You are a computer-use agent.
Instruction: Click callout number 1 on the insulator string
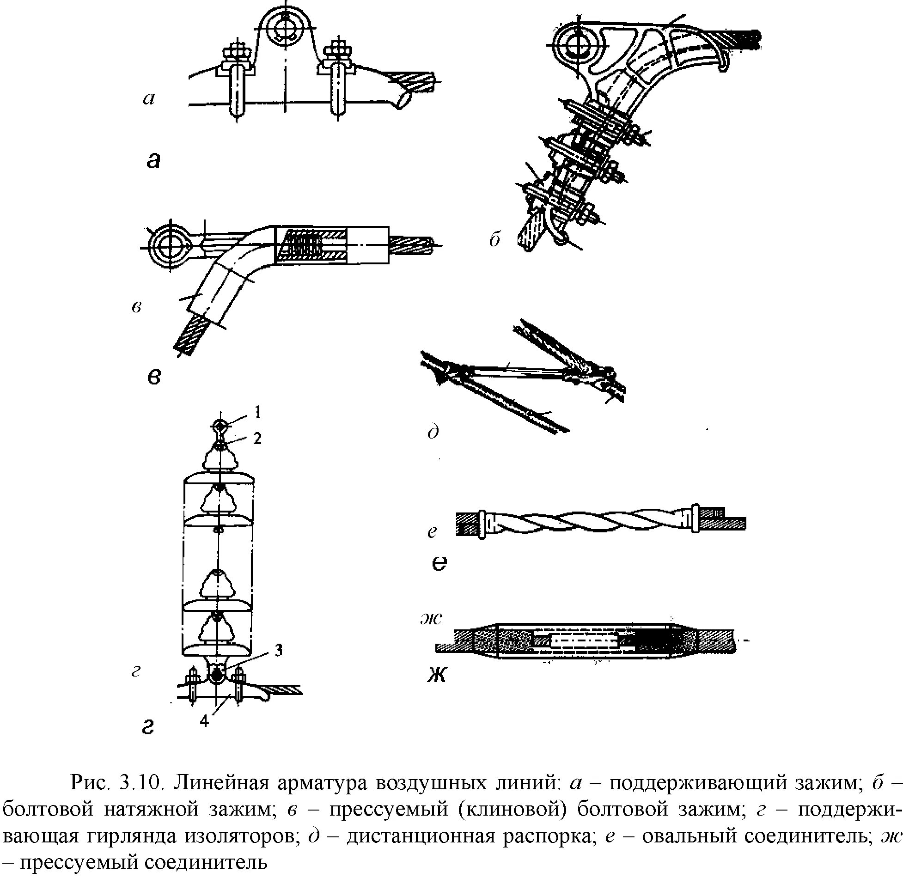(x=258, y=412)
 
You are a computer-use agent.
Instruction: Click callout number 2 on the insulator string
(x=257, y=438)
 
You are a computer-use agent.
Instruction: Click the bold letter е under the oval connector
(x=439, y=563)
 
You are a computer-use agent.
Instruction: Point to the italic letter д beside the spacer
(x=433, y=432)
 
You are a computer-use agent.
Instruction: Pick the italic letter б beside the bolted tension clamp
(x=495, y=239)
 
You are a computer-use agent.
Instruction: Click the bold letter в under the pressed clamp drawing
(x=154, y=377)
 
